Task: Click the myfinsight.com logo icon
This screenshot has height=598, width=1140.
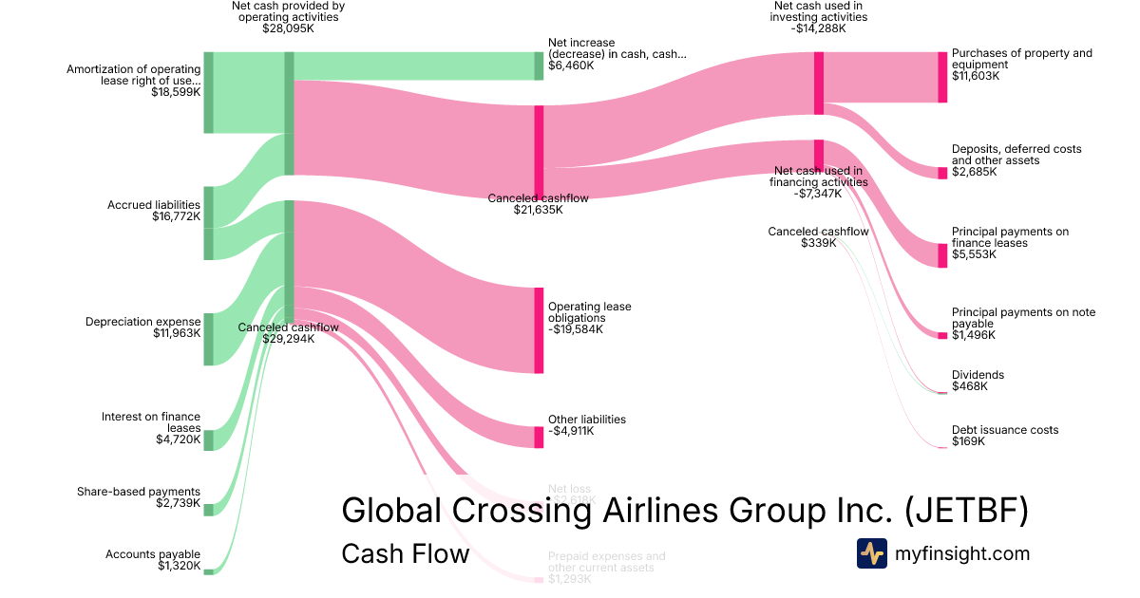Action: [871, 552]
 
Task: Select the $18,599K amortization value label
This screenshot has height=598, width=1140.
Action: [176, 92]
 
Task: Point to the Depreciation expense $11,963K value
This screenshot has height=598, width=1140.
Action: [176, 334]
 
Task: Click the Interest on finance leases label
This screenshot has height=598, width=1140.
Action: [151, 422]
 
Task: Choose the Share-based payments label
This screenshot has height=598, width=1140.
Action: [139, 492]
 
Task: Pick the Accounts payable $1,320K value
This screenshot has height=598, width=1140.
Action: [179, 567]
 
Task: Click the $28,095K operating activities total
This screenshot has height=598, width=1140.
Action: [288, 28]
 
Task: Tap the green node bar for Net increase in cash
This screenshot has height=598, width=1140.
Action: [539, 65]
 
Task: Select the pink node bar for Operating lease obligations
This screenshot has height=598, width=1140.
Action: [539, 329]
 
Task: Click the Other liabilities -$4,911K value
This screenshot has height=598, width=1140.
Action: [571, 431]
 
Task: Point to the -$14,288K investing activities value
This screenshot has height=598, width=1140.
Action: [819, 28]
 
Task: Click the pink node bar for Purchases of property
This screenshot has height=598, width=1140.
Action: [942, 77]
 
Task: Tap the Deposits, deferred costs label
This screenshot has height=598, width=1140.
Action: [1016, 155]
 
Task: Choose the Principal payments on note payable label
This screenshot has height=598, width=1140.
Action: [1023, 318]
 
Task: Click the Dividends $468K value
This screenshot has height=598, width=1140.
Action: [970, 386]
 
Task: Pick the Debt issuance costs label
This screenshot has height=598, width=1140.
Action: [1005, 430]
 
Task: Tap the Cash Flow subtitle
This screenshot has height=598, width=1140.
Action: [405, 553]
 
